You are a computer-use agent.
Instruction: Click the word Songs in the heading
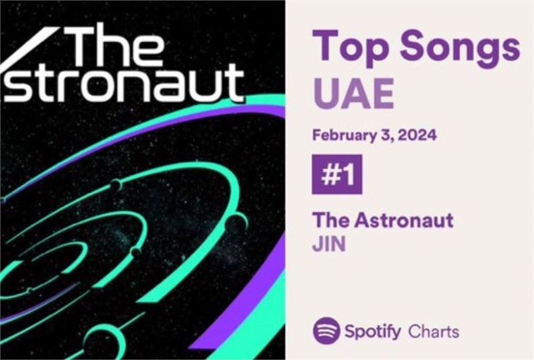pyautogui.click(x=460, y=45)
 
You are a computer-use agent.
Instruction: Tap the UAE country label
pyautogui.click(x=353, y=94)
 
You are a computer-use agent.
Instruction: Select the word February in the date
pyautogui.click(x=344, y=136)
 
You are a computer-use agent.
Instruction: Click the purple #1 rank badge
pyautogui.click(x=337, y=174)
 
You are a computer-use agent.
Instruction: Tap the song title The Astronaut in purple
pyautogui.click(x=382, y=220)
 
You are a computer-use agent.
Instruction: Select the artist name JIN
pyautogui.click(x=329, y=244)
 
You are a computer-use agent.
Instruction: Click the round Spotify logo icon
pyautogui.click(x=326, y=331)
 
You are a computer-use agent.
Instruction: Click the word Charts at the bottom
pyautogui.click(x=433, y=331)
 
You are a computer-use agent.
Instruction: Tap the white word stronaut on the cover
pyautogui.click(x=124, y=84)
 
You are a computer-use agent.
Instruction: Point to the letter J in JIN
pyautogui.click(x=317, y=244)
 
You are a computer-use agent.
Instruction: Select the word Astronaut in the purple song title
pyautogui.click(x=404, y=220)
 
